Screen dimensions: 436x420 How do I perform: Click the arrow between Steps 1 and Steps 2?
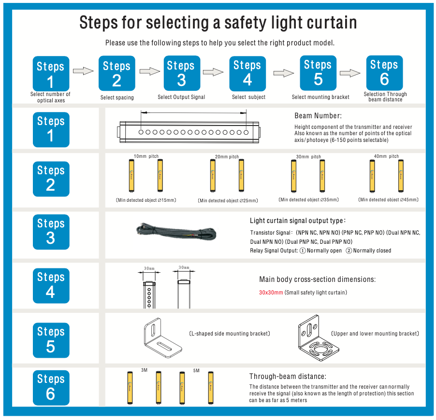(83, 71)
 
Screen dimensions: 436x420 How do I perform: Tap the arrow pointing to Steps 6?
(350, 73)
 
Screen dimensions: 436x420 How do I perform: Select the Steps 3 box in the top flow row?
(182, 73)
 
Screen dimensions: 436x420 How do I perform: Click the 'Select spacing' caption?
(117, 98)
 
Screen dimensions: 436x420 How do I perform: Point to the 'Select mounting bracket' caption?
(320, 97)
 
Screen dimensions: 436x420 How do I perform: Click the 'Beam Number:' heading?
(318, 116)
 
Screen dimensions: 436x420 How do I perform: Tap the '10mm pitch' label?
(146, 156)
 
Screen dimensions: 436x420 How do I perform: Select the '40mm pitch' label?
(386, 156)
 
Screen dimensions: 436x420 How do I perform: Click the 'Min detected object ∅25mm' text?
(228, 200)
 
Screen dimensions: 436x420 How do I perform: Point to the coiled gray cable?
(176, 232)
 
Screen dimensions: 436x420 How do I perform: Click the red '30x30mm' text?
(271, 293)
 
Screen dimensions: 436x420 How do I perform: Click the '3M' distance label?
(144, 370)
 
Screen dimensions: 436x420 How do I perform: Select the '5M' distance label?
(196, 371)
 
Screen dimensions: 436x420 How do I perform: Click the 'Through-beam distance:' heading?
(288, 377)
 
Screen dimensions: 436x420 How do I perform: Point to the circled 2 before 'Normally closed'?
(349, 251)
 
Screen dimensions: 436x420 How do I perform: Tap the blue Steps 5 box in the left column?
(51, 340)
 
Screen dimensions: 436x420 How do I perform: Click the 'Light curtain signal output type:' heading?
(298, 221)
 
